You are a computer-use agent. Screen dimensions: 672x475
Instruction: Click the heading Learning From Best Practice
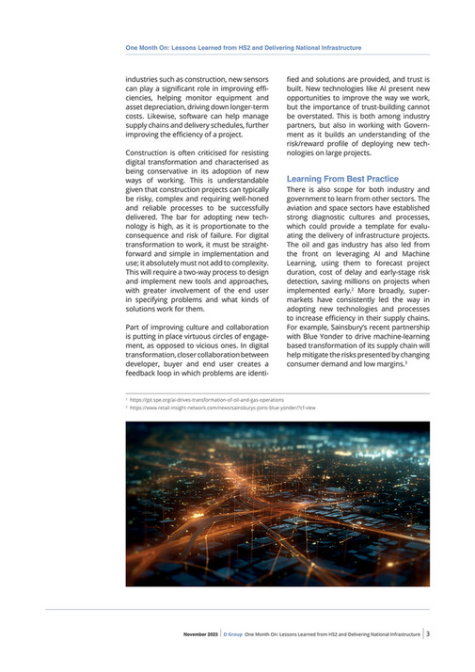(342, 179)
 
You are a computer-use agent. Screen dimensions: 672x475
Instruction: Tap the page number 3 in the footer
(428, 633)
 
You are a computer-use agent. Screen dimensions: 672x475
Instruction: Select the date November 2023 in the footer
(200, 634)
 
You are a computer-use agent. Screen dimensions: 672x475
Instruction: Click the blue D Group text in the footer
(231, 634)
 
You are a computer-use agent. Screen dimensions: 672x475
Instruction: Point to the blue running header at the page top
(244, 46)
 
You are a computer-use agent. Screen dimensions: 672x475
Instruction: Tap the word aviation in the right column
(304, 211)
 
